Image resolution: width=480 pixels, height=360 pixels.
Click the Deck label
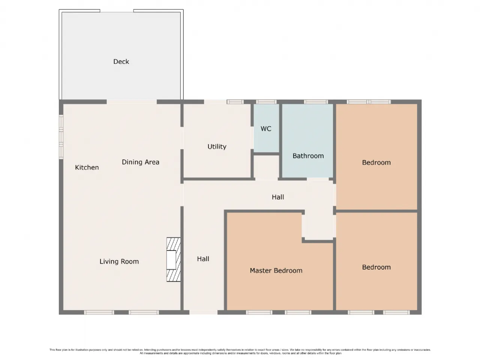[121, 61]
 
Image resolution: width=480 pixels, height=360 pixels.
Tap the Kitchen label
[87, 167]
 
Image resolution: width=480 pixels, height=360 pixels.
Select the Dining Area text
[140, 162]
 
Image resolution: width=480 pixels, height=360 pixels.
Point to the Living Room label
[119, 261]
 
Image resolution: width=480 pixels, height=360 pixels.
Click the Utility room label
[217, 147]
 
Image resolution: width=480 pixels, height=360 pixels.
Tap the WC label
[266, 129]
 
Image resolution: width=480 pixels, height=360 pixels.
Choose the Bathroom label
[308, 156]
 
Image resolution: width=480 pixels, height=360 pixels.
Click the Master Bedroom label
[276, 271]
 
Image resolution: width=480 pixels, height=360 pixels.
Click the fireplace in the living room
[174, 259]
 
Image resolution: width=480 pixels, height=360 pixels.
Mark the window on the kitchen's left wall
[61, 137]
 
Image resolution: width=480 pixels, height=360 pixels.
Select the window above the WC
[266, 102]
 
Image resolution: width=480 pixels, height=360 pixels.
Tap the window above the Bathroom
[316, 102]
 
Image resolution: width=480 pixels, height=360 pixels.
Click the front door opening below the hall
[203, 312]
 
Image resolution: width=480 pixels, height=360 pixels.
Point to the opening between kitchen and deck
[132, 102]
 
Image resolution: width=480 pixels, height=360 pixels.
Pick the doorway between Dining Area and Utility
[182, 138]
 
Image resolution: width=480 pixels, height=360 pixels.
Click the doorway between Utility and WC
[252, 138]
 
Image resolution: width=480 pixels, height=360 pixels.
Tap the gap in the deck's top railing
[117, 11]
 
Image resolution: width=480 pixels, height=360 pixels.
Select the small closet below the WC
[266, 167]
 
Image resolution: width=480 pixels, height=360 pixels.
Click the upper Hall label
[278, 197]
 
